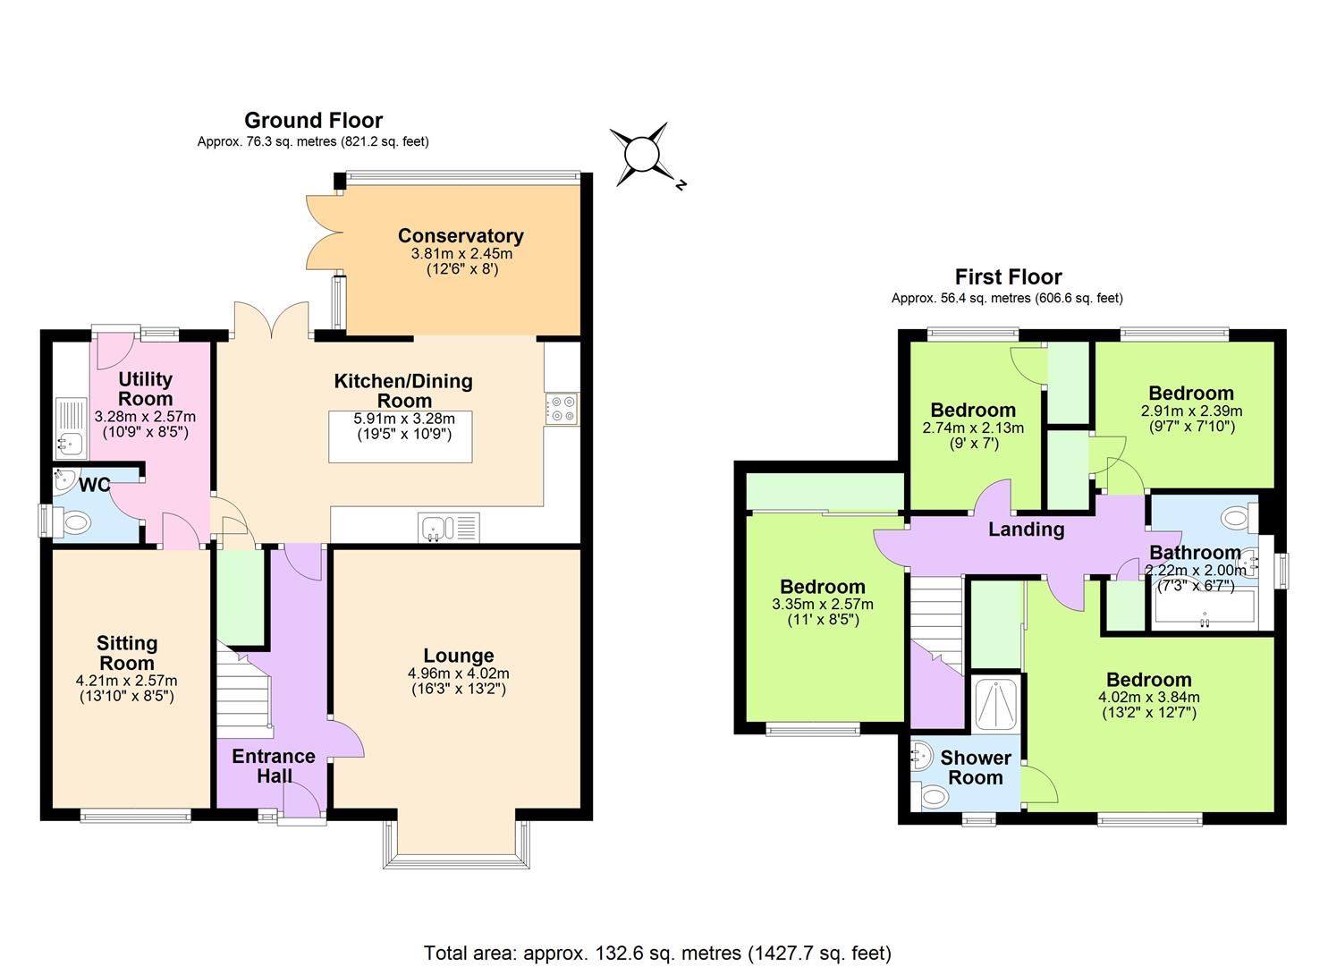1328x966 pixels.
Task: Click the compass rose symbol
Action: [641, 154]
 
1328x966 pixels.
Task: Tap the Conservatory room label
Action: [461, 236]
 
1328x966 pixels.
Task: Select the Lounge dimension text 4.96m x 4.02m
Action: [459, 674]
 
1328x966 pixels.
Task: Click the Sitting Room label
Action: [127, 653]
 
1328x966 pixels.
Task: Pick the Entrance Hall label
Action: [274, 766]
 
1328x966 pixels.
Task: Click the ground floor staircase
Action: [243, 689]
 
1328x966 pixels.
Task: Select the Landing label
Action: [1026, 530]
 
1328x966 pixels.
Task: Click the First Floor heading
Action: [1008, 277]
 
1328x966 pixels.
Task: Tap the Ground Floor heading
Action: [313, 121]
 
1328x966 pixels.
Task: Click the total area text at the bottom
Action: [657, 953]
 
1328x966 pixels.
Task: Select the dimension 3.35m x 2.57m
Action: [823, 604]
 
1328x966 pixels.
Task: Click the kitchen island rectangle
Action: [400, 436]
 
